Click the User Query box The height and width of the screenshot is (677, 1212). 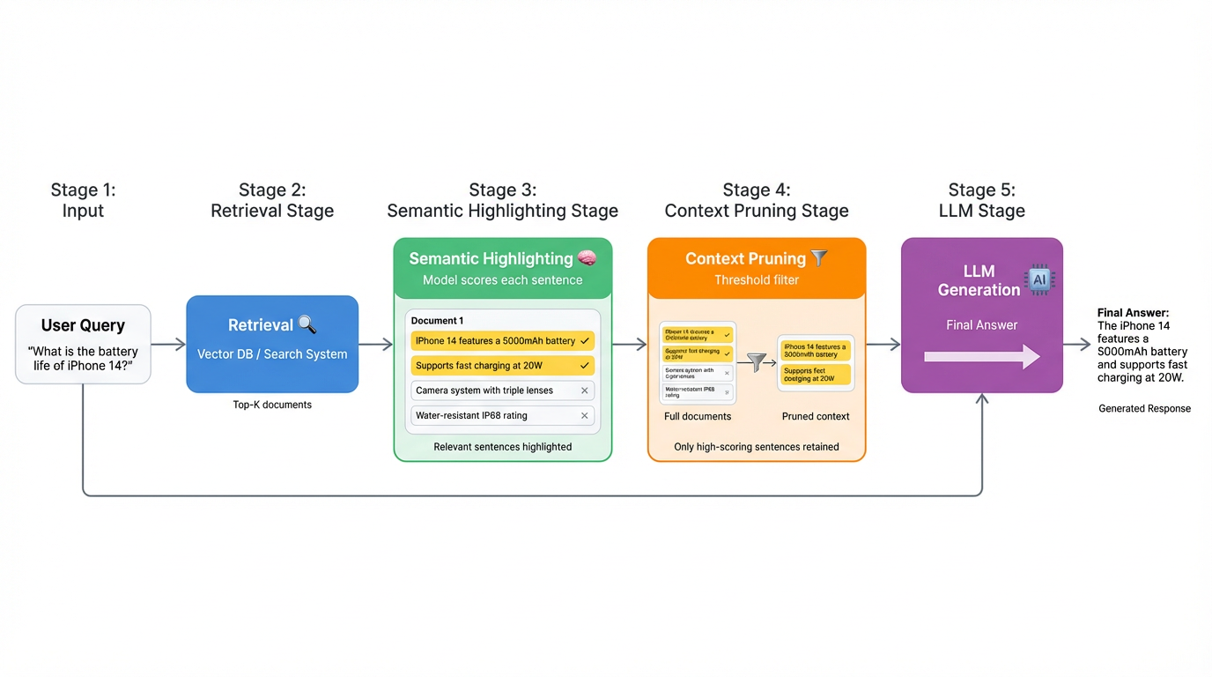83,344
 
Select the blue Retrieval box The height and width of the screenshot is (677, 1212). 272,344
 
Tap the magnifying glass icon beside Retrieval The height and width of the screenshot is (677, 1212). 307,324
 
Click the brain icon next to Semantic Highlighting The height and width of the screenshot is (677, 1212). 587,258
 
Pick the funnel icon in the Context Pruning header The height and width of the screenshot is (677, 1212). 819,258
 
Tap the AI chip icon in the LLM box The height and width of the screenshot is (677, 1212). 1039,280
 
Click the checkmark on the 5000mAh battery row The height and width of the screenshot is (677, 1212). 585,341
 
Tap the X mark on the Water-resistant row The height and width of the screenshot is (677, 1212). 584,415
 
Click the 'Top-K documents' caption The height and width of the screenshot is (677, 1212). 272,405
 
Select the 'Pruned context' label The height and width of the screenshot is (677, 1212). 816,416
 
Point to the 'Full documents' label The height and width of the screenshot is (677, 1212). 698,416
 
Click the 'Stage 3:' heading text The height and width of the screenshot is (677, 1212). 502,190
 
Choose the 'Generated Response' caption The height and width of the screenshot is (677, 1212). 1144,409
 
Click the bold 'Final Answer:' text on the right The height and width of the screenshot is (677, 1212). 1133,313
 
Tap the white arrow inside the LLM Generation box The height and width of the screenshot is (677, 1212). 981,357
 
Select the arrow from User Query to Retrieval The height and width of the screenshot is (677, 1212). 168,345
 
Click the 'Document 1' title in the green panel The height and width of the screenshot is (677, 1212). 437,321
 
